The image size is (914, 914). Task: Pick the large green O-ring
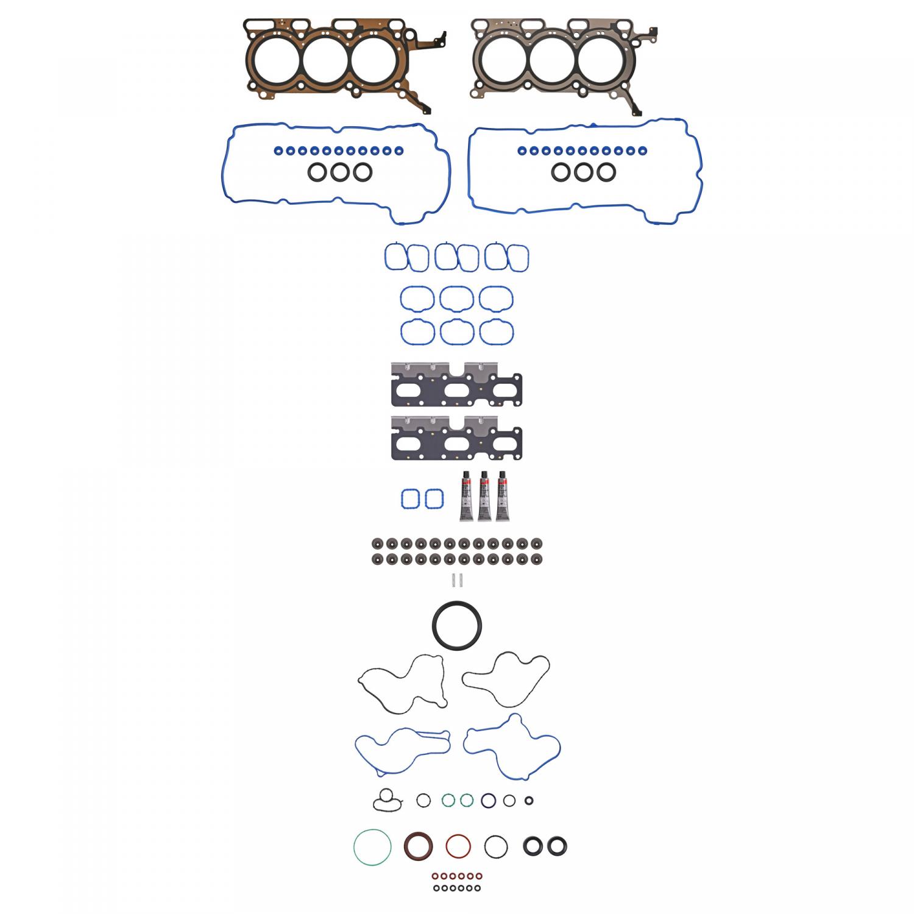[x=372, y=846]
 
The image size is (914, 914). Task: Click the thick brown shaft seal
[x=419, y=846]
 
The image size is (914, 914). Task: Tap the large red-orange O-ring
[x=458, y=846]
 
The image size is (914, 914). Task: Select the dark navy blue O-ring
[x=488, y=801]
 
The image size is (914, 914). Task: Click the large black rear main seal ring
[x=457, y=626]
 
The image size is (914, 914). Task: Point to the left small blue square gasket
[x=411, y=500]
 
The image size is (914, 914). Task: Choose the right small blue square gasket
[x=434, y=500]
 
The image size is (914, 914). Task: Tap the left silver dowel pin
[x=454, y=580]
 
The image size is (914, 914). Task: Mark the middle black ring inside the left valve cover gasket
[x=339, y=172]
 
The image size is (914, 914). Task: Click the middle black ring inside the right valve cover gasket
[x=583, y=172]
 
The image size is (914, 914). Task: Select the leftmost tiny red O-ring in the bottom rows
[x=435, y=876]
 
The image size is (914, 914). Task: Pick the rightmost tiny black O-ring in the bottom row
[x=478, y=888]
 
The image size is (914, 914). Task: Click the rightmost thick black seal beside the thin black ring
[x=557, y=846]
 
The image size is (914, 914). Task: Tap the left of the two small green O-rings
[x=448, y=801]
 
